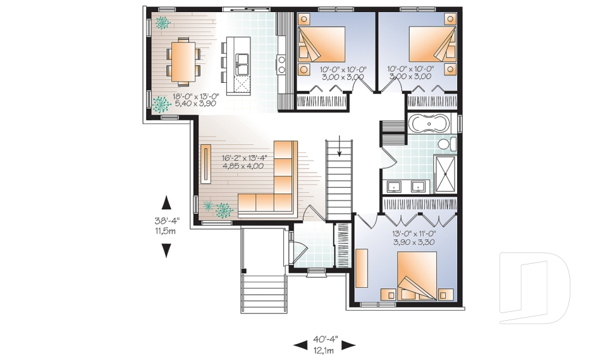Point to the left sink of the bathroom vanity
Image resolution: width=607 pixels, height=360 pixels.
tap(395, 187)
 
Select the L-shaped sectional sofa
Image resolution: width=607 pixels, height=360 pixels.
tap(273, 187)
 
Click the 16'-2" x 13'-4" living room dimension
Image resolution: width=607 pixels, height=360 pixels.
tap(243, 162)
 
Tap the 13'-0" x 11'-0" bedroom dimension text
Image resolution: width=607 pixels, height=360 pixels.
tap(414, 237)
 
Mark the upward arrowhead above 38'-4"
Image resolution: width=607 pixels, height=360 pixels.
tap(167, 202)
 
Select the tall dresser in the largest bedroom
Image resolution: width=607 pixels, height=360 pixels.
tap(362, 268)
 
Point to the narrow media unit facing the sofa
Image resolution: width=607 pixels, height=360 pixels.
tap(207, 164)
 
